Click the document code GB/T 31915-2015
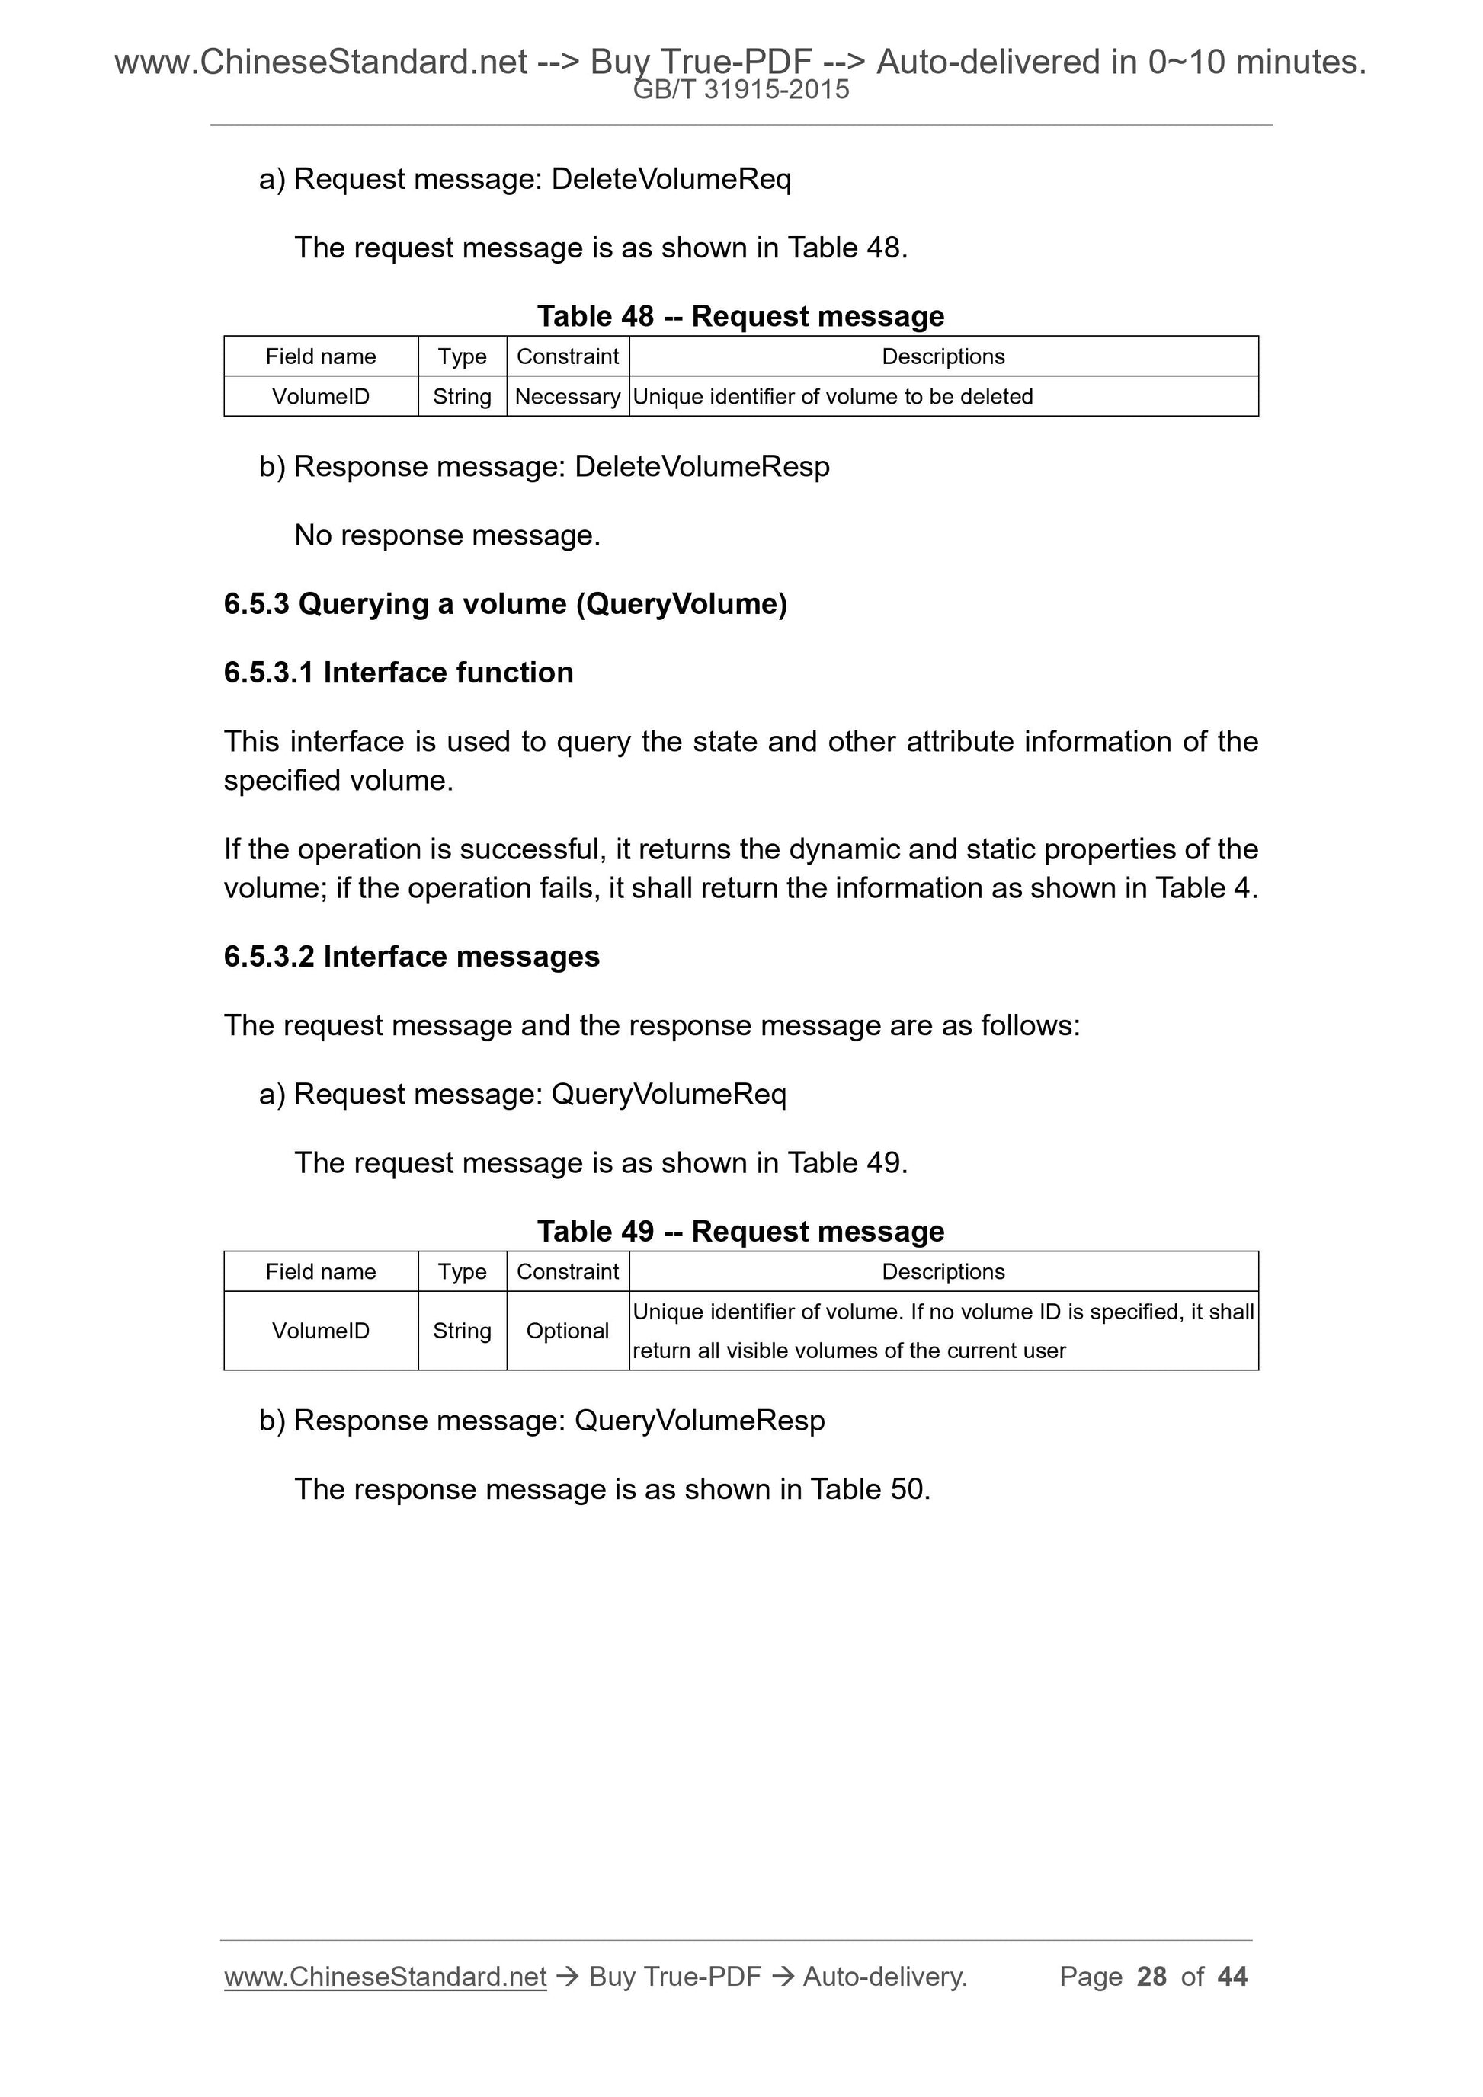pyautogui.click(x=741, y=90)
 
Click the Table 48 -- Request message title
pyautogui.click(x=740, y=316)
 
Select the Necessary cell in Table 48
pyautogui.click(x=568, y=396)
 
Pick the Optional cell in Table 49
pyautogui.click(x=568, y=1331)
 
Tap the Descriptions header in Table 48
pyautogui.click(x=943, y=356)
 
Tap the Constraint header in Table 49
pyautogui.click(x=568, y=1271)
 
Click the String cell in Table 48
pyautogui.click(x=463, y=396)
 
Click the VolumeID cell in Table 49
pyautogui.click(x=321, y=1331)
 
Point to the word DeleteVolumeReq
pyautogui.click(x=671, y=179)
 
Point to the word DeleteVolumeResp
pyautogui.click(x=702, y=467)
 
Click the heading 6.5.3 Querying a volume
pyautogui.click(x=505, y=604)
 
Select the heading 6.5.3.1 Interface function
pyautogui.click(x=399, y=672)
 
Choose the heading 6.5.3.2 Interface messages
pyautogui.click(x=412, y=956)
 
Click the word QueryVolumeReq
pyautogui.click(x=669, y=1094)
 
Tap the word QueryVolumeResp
pyautogui.click(x=699, y=1421)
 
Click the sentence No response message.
pyautogui.click(x=447, y=535)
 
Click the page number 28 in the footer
pyautogui.click(x=1151, y=1977)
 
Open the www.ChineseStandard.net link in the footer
pyautogui.click(x=385, y=1977)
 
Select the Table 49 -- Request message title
pyautogui.click(x=740, y=1231)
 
